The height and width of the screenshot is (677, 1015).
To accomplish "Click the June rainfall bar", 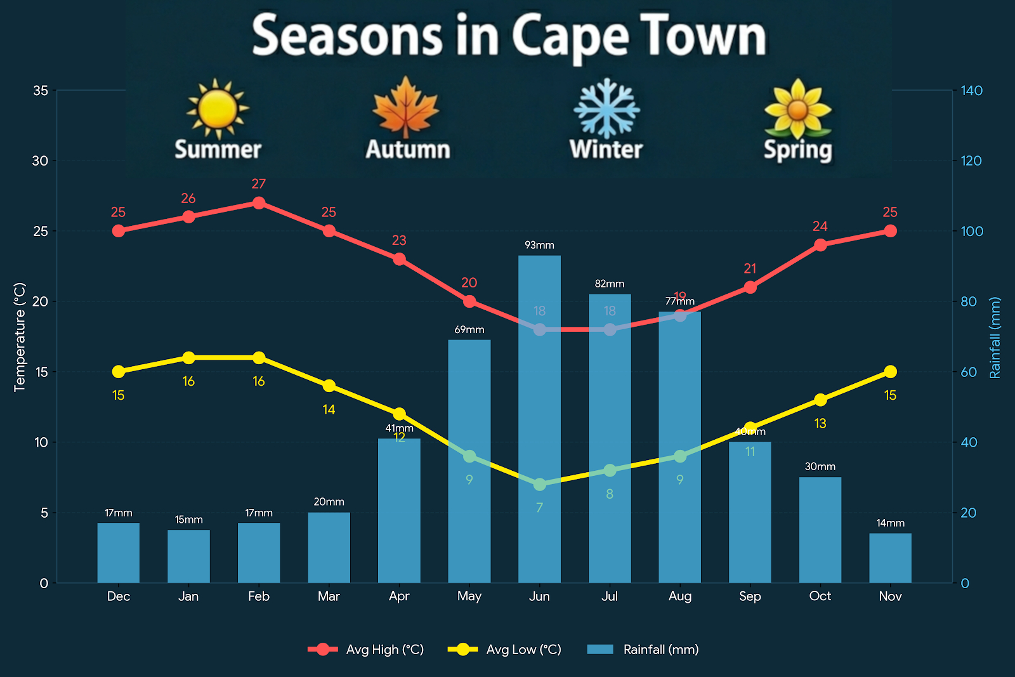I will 539,419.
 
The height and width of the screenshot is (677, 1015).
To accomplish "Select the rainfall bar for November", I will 890,558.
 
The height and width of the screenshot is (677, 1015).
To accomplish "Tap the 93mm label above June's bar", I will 539,245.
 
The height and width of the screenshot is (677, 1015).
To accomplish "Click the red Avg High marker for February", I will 259,203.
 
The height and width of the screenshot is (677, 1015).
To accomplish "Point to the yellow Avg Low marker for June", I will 539,484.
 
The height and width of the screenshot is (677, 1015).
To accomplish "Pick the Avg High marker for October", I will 820,245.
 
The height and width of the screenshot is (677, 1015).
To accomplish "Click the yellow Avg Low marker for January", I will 188,358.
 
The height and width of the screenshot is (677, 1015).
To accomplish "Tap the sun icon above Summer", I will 218,109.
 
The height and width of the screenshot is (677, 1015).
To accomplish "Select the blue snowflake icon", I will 606,108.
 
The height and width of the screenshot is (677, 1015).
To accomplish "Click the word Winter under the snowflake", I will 606,150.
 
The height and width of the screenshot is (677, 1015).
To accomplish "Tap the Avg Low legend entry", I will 504,650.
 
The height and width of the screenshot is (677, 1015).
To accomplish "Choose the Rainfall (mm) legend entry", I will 643,650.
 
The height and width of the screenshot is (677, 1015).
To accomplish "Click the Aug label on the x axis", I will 679,596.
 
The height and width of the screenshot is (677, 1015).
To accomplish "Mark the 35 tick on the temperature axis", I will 41,91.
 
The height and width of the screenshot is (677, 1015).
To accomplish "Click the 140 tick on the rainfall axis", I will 971,91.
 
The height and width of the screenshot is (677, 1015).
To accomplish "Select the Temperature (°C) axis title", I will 20,337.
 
